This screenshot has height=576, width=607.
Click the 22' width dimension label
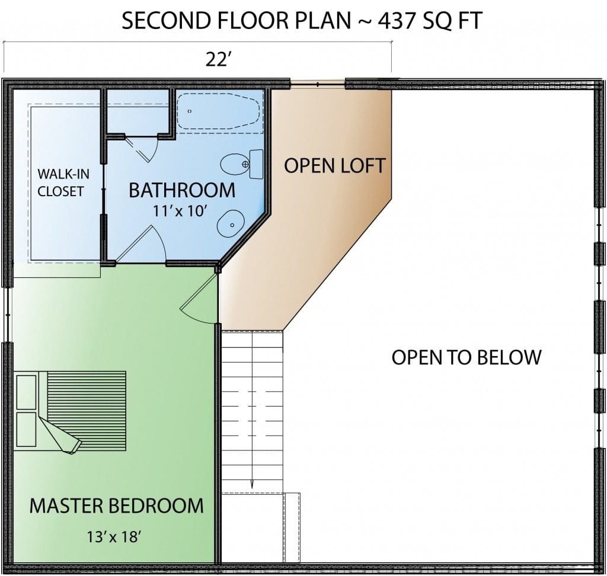click(218, 60)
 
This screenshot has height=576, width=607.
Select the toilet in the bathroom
click(242, 164)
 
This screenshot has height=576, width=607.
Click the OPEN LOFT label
click(335, 166)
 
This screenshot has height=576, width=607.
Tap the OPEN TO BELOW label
click(467, 357)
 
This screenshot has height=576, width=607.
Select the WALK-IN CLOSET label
click(63, 183)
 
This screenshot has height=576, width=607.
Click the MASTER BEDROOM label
click(117, 505)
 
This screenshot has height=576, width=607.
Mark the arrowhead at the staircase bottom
click(252, 484)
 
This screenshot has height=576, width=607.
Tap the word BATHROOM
click(182, 190)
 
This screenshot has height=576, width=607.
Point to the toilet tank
click(256, 164)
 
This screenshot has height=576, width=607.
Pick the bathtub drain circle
click(189, 111)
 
